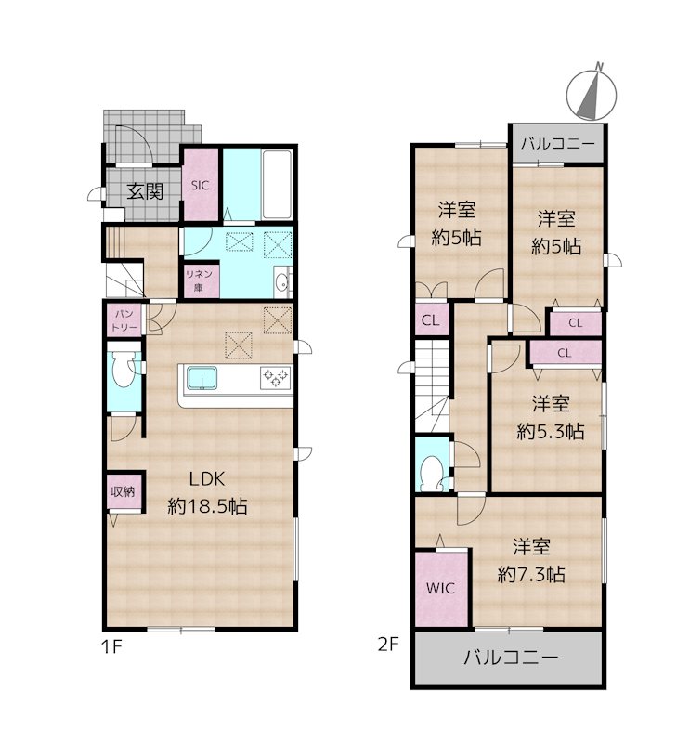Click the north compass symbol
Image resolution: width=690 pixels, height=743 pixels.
(592, 93)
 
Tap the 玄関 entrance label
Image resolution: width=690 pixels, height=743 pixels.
(145, 191)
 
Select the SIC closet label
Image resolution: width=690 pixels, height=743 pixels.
(200, 186)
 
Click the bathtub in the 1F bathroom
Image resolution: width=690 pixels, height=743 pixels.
(277, 184)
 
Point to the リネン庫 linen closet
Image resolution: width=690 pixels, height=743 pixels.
(199, 280)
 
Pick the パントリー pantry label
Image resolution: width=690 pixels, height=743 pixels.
(124, 320)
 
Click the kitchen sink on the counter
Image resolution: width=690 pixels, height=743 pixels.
(202, 378)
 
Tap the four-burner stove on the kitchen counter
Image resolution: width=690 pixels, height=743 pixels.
(275, 378)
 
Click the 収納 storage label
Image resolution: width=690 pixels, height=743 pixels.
(123, 491)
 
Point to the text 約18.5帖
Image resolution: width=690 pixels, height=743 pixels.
(207, 506)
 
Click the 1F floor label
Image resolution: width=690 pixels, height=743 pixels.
(111, 646)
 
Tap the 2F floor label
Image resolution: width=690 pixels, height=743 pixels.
(388, 644)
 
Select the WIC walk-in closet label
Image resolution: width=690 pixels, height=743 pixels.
(440, 589)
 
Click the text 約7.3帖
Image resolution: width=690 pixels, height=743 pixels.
(531, 575)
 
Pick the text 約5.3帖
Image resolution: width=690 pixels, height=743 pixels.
(551, 431)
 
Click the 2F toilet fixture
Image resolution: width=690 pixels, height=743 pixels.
(432, 473)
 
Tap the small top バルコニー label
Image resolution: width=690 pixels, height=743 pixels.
(558, 143)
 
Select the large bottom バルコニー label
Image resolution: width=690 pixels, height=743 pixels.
(511, 658)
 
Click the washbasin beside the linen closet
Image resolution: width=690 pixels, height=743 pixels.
(282, 283)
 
